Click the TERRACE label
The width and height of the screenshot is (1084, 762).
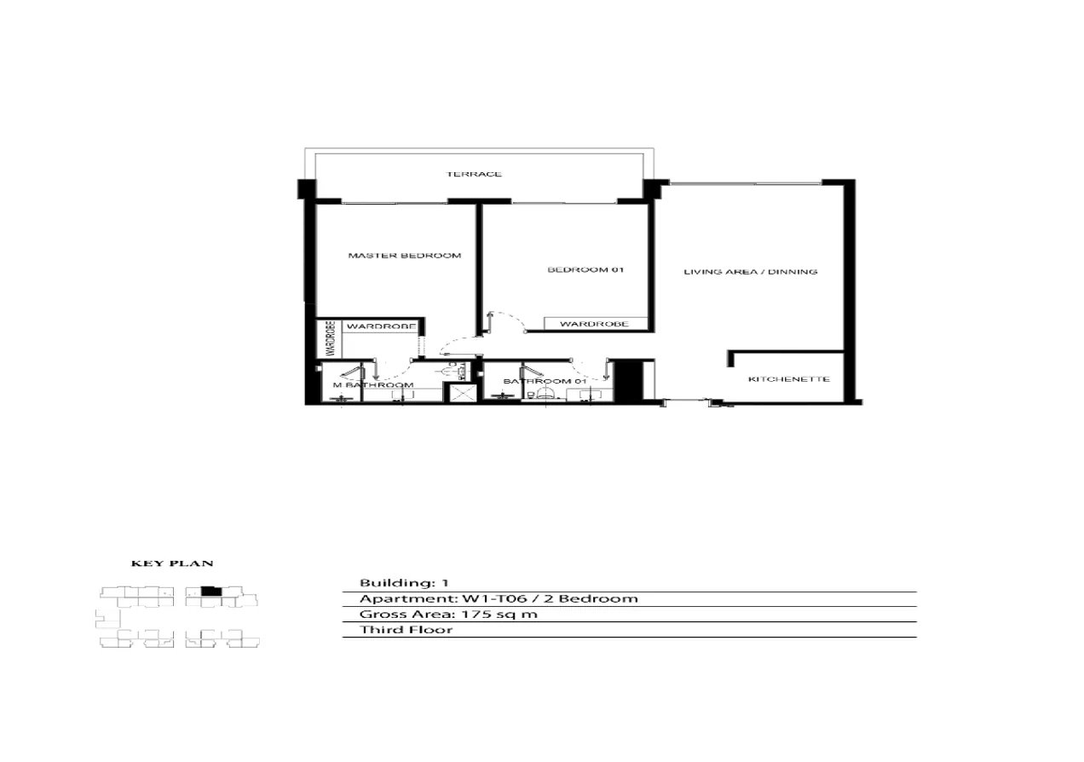click(474, 174)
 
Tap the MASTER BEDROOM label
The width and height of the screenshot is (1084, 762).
click(404, 255)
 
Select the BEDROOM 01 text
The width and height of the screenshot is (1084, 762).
click(585, 270)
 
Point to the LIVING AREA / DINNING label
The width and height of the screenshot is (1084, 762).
click(751, 272)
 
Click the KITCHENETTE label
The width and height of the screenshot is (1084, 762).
click(788, 378)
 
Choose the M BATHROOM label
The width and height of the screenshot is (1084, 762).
click(372, 385)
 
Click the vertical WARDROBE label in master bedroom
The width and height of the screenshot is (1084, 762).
click(329, 338)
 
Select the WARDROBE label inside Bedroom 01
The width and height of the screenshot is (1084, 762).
click(594, 324)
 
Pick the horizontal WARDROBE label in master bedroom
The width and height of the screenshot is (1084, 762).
click(380, 326)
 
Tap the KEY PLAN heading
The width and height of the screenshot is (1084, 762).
click(171, 563)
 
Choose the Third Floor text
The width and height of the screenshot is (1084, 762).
click(406, 630)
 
